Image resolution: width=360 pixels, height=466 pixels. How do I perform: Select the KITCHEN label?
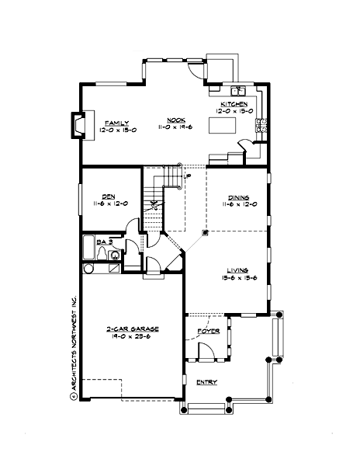[x=234, y=104]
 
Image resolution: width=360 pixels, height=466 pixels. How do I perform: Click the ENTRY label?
[x=207, y=381]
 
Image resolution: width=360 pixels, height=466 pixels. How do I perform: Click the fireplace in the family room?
[x=78, y=123]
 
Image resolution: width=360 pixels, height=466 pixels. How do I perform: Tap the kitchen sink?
[x=238, y=90]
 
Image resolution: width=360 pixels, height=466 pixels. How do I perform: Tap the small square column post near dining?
[x=205, y=232]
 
